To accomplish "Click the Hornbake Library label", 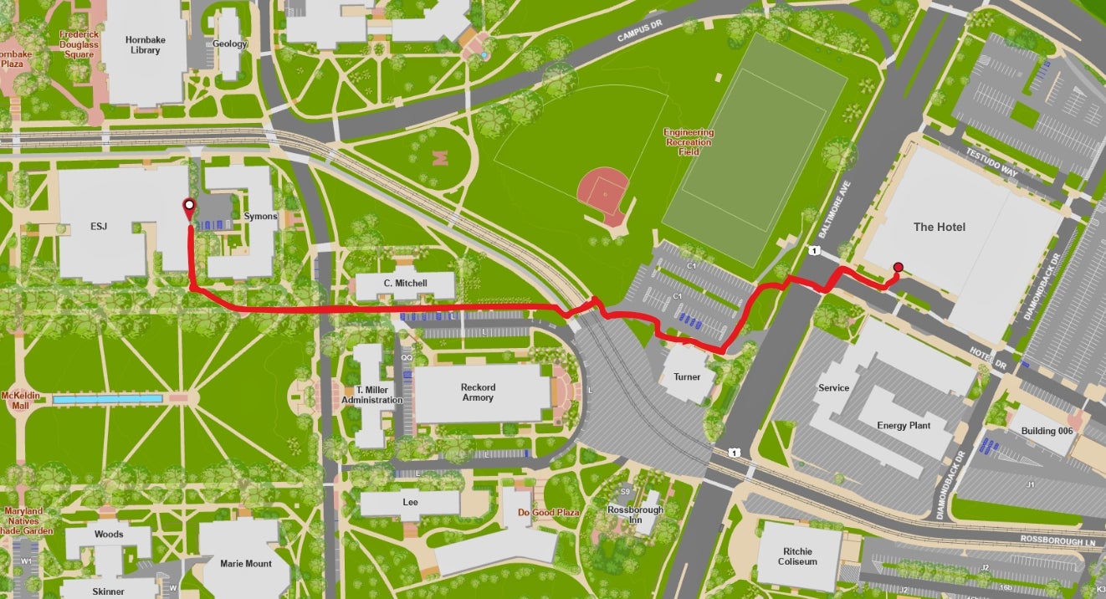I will [142, 44].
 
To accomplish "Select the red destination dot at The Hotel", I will [898, 268].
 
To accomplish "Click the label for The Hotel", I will [939, 228].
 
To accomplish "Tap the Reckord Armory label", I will [477, 392].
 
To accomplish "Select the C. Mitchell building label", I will [405, 284].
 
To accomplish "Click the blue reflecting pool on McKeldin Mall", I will [108, 400].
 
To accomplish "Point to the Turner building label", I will [687, 377].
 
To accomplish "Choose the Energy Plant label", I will [904, 426].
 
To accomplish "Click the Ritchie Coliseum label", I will [797, 556].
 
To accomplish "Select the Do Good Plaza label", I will [548, 513].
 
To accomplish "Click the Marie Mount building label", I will [245, 564].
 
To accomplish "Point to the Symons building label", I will [260, 217].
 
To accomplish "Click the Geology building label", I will [229, 44].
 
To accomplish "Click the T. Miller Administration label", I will [371, 395].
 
